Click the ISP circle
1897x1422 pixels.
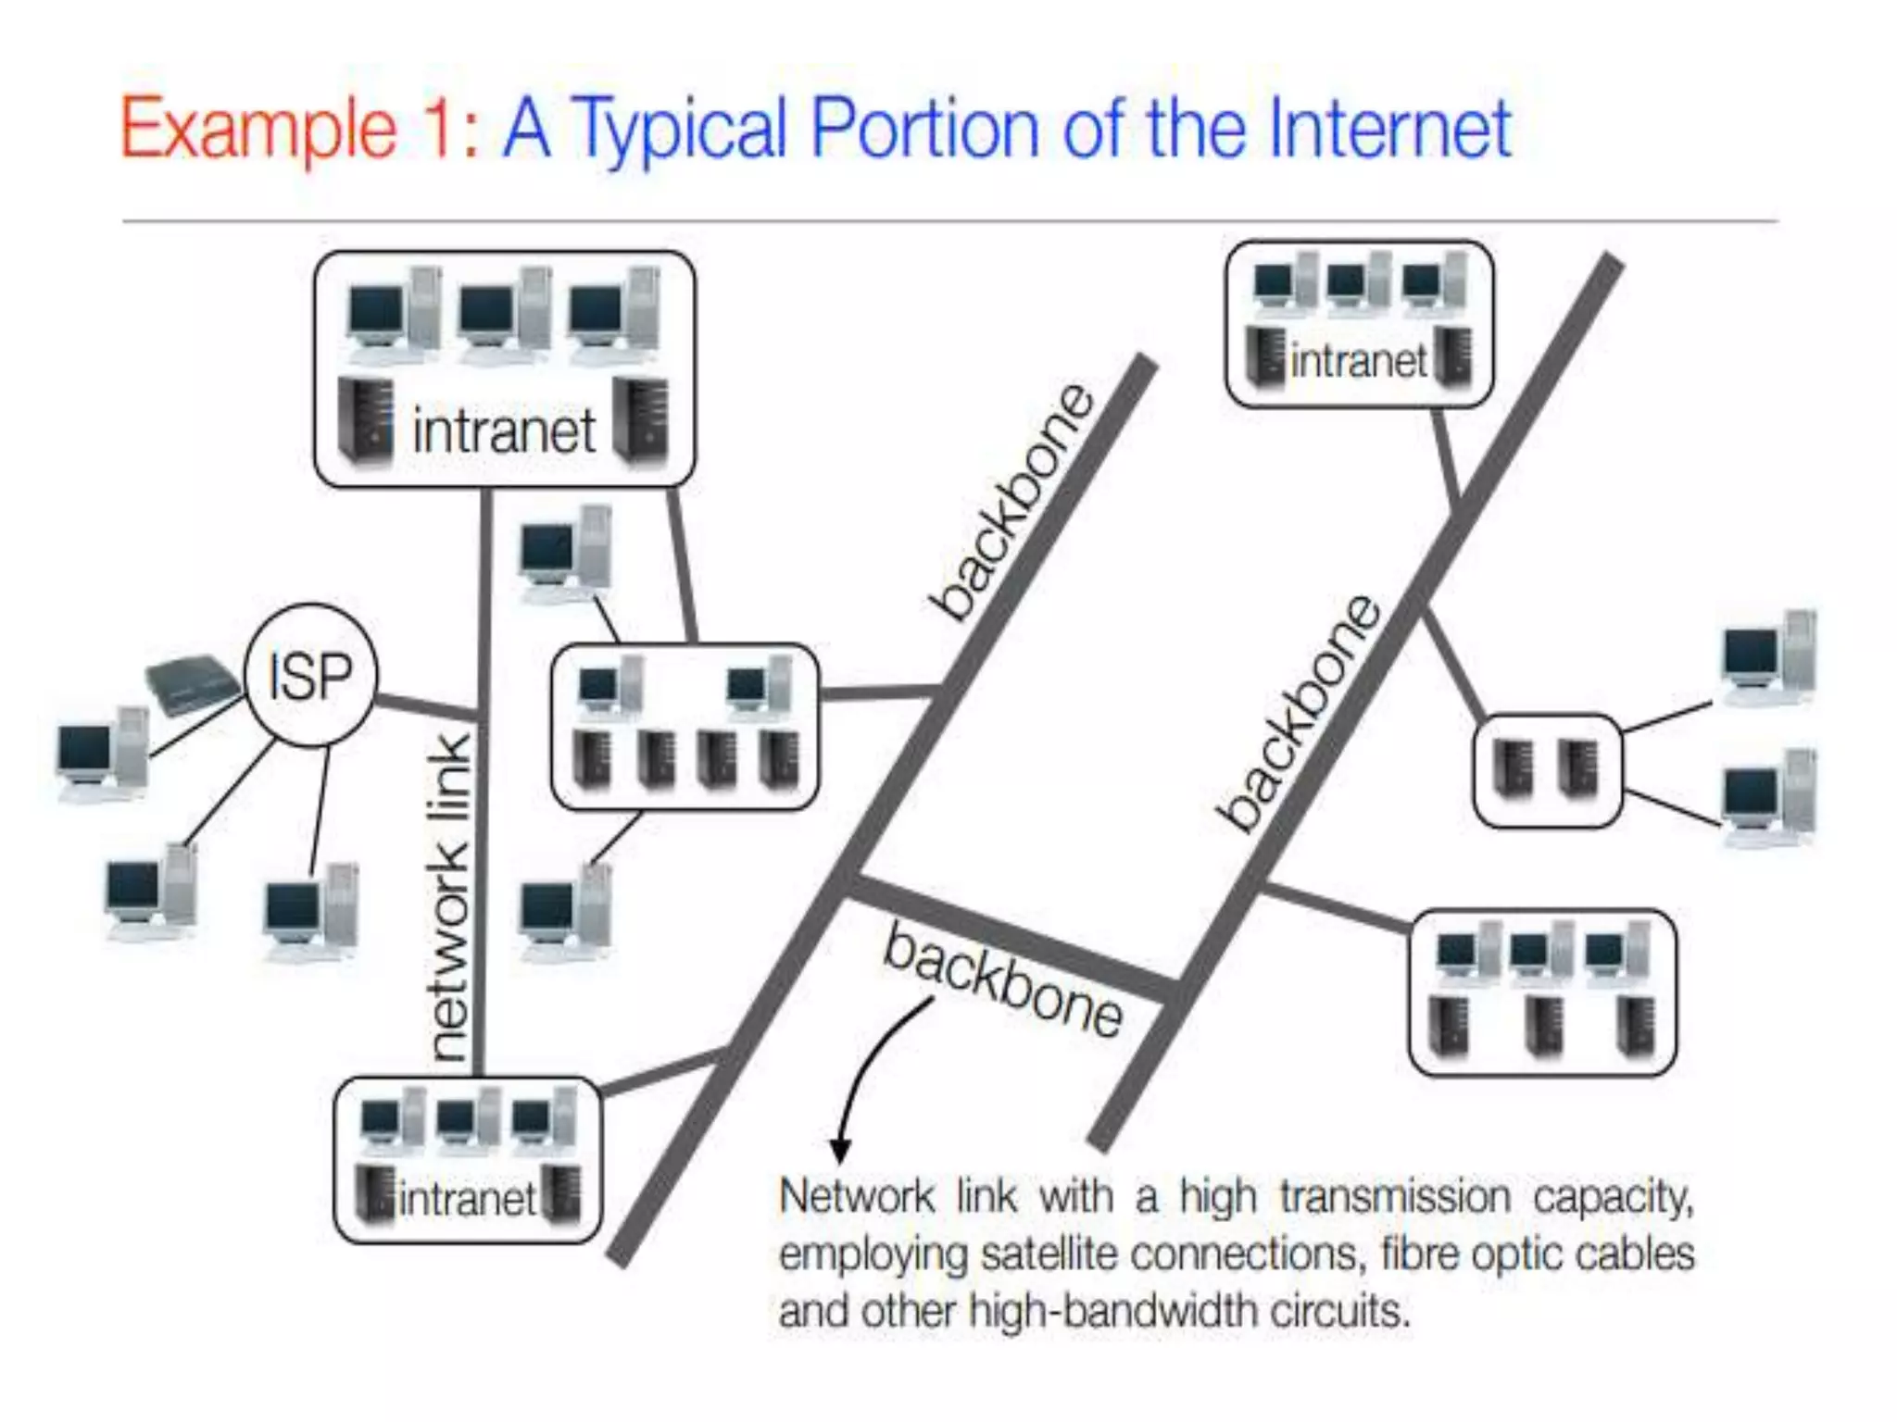point(310,675)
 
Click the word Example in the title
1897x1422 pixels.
point(258,131)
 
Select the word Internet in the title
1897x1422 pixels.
point(1390,129)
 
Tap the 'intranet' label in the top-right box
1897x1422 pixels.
point(1358,361)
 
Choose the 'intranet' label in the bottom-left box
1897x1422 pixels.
point(467,1200)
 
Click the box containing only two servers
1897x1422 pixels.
point(1546,769)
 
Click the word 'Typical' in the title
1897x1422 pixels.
point(680,131)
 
